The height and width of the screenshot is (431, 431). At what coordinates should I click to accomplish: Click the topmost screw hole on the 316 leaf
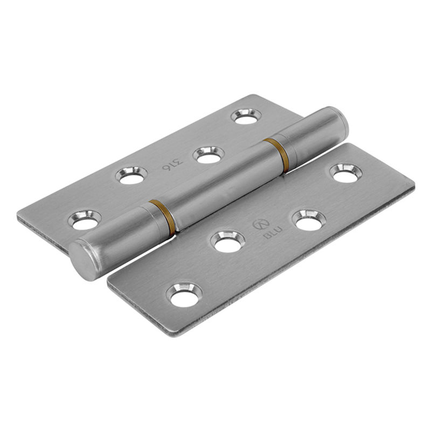(x=247, y=116)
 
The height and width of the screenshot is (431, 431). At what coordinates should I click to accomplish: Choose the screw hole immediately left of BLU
(x=227, y=241)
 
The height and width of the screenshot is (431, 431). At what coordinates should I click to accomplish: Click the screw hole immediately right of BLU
(x=309, y=219)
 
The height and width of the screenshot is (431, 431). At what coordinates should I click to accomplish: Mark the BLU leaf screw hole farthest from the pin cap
(x=345, y=172)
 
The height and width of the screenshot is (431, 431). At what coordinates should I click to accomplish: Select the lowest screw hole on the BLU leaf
(x=185, y=294)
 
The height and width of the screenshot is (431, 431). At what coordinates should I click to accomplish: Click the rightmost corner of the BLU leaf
(x=413, y=184)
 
